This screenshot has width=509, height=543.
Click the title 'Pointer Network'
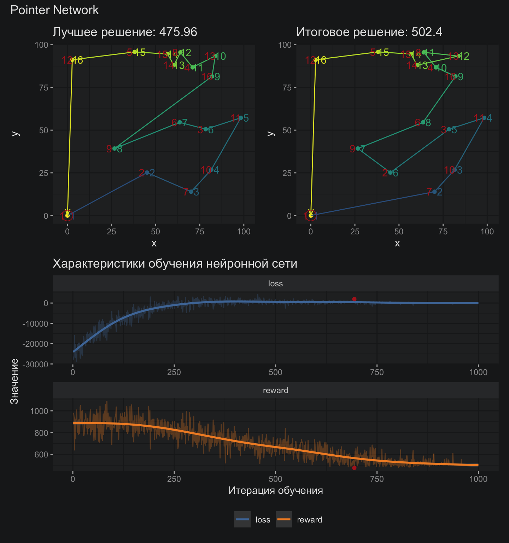tap(54, 10)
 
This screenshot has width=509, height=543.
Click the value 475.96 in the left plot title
tap(178, 32)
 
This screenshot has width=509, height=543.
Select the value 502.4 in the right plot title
tap(427, 32)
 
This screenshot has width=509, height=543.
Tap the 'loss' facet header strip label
tap(275, 284)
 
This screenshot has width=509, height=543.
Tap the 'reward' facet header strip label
tap(275, 390)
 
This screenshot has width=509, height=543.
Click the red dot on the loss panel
tap(354, 299)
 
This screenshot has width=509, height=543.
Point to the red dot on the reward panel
tap(354, 468)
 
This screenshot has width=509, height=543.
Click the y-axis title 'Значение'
tap(14, 381)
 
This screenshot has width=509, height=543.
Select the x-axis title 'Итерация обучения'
tap(275, 490)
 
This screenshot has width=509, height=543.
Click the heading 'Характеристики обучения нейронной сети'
tap(175, 264)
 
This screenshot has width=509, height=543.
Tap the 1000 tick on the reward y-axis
tap(39, 411)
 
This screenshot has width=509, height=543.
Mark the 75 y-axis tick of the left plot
tap(44, 88)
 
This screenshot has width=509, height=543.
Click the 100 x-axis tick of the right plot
tap(487, 232)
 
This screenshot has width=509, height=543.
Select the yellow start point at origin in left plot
tap(67, 215)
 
